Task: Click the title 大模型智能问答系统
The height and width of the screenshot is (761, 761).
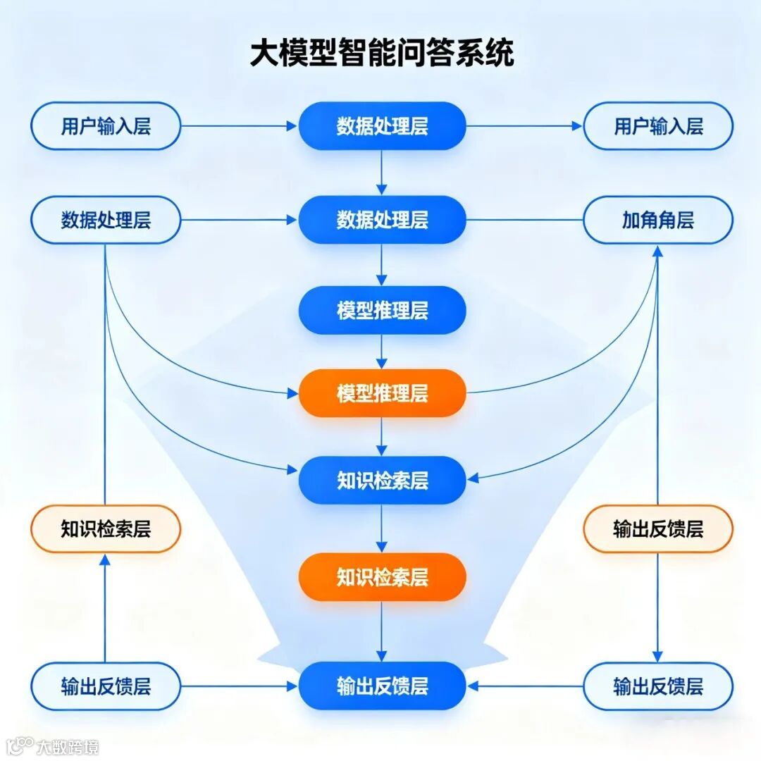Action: tap(382, 54)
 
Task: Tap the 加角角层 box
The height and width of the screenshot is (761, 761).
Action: tap(658, 220)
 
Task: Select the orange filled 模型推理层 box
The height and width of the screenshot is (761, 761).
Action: tap(382, 393)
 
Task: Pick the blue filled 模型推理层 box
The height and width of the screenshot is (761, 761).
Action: tap(382, 310)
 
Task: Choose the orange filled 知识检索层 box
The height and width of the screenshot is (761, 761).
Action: tap(382, 577)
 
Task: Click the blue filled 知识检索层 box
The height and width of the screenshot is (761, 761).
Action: tap(382, 481)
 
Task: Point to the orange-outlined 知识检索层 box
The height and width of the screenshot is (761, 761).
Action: tap(106, 529)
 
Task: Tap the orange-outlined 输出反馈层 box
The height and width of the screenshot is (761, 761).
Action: tap(658, 529)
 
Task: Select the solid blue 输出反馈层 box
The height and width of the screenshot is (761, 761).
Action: tap(382, 686)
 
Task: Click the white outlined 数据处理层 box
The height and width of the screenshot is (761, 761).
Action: tap(106, 220)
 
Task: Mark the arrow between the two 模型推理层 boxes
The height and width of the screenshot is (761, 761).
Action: tap(382, 351)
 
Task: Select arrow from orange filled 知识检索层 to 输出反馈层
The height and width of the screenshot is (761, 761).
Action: tap(382, 631)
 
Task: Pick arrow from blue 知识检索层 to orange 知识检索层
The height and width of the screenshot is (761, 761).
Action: tap(382, 528)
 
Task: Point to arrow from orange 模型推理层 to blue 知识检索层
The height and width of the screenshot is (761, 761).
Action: tap(382, 437)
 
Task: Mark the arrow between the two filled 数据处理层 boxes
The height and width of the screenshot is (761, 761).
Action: tap(382, 173)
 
